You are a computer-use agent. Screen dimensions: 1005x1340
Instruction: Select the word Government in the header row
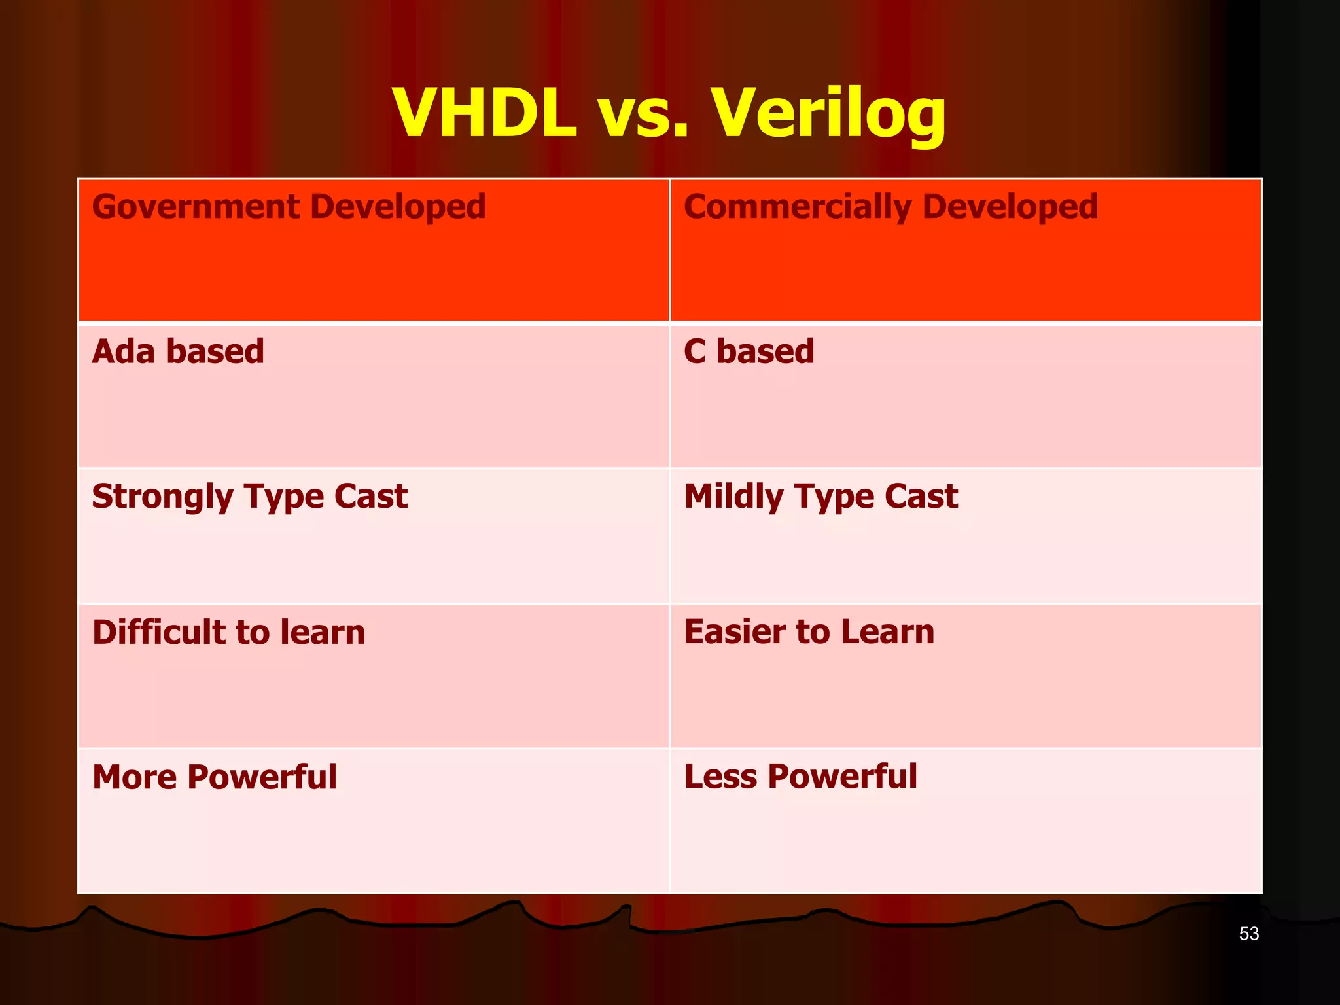click(196, 207)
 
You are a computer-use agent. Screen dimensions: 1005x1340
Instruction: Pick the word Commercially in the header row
click(797, 207)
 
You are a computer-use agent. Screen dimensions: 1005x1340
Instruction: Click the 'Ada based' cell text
click(178, 351)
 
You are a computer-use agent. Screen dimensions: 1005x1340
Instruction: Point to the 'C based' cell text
click(749, 351)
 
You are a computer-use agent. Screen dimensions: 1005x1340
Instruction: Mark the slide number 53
click(1248, 934)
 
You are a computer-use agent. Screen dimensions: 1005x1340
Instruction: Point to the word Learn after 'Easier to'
click(887, 632)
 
